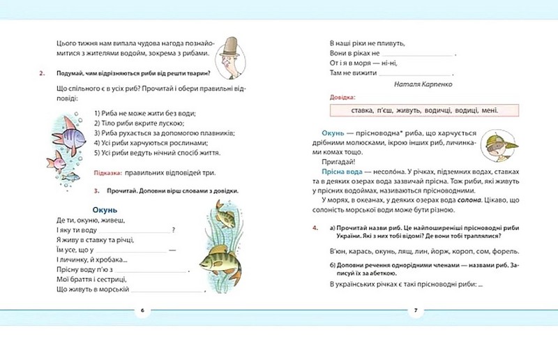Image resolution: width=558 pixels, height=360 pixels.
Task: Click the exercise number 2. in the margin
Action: pyautogui.click(x=43, y=73)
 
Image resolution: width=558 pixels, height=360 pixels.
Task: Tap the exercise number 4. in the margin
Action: pyautogui.click(x=316, y=227)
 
